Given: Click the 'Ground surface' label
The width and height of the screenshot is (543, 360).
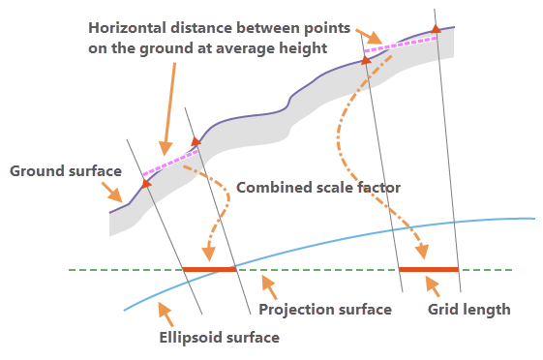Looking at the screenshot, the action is [x=66, y=171].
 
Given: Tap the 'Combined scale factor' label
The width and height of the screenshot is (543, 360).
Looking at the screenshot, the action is [x=318, y=188].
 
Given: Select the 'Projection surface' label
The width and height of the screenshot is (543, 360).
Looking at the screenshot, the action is [x=325, y=310].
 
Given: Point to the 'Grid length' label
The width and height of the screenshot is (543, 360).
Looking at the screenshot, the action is [x=468, y=310].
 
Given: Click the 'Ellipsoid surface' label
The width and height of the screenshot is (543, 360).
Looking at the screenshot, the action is [x=219, y=338].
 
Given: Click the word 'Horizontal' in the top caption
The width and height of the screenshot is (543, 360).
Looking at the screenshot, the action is [x=127, y=28].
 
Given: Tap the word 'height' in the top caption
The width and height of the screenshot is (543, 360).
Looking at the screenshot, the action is [x=303, y=48].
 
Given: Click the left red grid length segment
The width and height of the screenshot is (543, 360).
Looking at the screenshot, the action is [x=209, y=269].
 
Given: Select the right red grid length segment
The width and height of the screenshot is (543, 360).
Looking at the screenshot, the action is [x=429, y=269].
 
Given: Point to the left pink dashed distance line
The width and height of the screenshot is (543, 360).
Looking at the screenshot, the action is [x=170, y=163].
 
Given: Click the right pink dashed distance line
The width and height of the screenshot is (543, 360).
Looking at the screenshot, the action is [x=401, y=45].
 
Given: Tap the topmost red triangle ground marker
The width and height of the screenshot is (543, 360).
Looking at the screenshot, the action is [x=436, y=29].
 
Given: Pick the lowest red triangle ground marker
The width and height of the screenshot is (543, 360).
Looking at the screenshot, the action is [x=146, y=183].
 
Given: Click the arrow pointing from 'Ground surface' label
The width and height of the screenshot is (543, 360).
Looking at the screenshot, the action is [x=112, y=193].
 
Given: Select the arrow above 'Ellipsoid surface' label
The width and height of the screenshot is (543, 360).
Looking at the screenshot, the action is [x=166, y=314].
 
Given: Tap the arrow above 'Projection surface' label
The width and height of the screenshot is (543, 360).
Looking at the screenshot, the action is [x=269, y=287].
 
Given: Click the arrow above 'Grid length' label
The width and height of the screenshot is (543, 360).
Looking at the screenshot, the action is [x=433, y=286].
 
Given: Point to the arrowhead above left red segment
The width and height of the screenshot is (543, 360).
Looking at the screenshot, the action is [x=208, y=254].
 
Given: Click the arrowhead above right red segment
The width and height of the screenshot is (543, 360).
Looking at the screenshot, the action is [x=422, y=252].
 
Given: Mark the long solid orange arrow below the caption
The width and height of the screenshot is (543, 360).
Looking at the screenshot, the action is [x=169, y=109].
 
